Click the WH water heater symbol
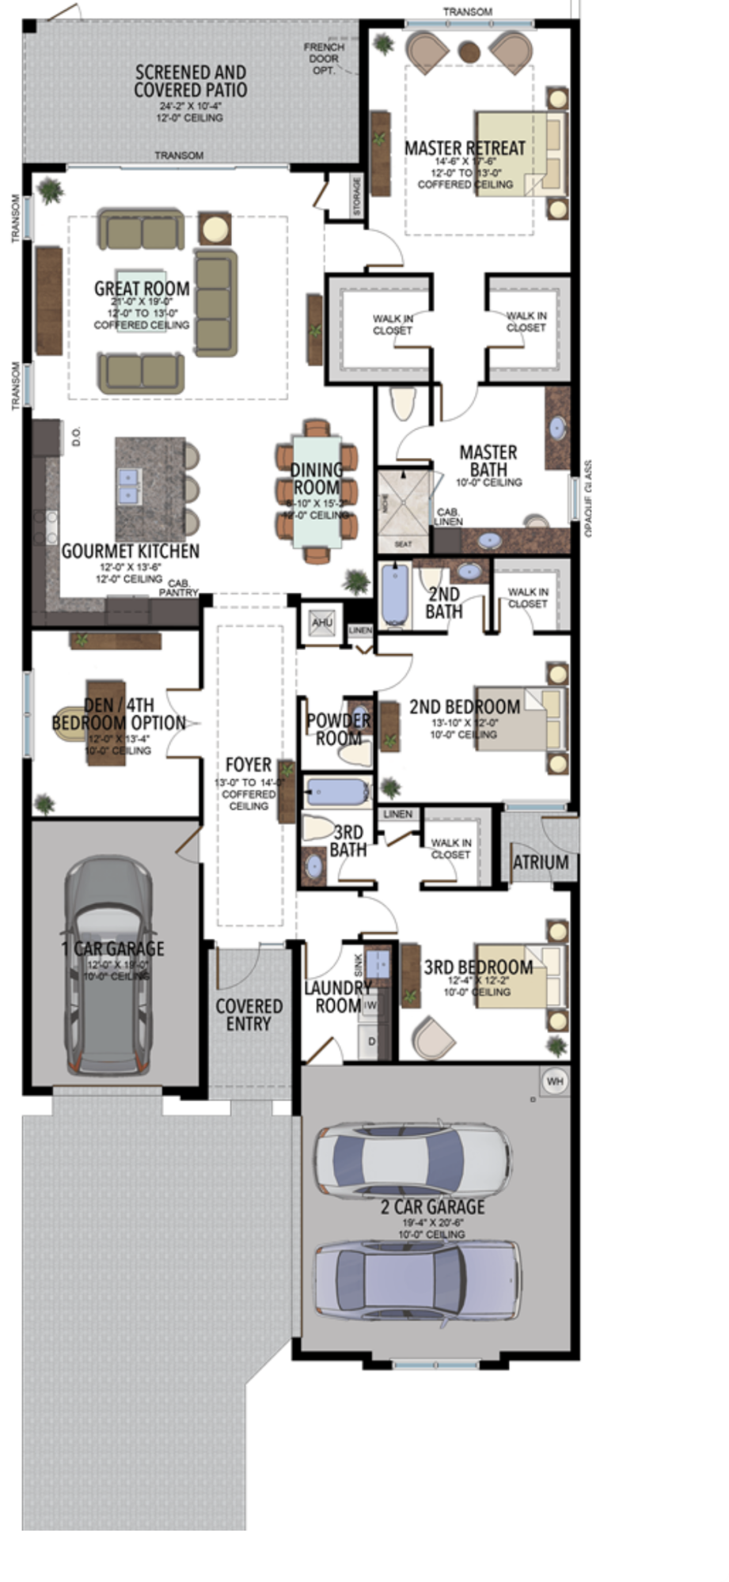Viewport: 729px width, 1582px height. click(555, 1081)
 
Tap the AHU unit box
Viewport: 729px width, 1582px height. click(321, 622)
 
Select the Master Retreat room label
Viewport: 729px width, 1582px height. click(465, 148)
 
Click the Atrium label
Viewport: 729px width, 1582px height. click(541, 862)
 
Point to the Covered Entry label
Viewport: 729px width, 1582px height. click(249, 1014)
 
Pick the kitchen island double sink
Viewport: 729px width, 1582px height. click(128, 486)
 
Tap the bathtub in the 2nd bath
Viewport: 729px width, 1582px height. click(393, 594)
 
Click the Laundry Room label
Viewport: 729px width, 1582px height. click(338, 997)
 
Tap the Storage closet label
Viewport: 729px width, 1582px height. click(357, 197)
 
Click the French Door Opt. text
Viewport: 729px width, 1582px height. click(324, 59)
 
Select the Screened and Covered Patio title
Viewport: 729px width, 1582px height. click(190, 81)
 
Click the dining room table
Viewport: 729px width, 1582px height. click(317, 491)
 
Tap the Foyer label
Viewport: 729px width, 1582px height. click(249, 765)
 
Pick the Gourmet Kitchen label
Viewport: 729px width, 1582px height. click(131, 551)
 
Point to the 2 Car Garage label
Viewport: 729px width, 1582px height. click(433, 1206)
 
